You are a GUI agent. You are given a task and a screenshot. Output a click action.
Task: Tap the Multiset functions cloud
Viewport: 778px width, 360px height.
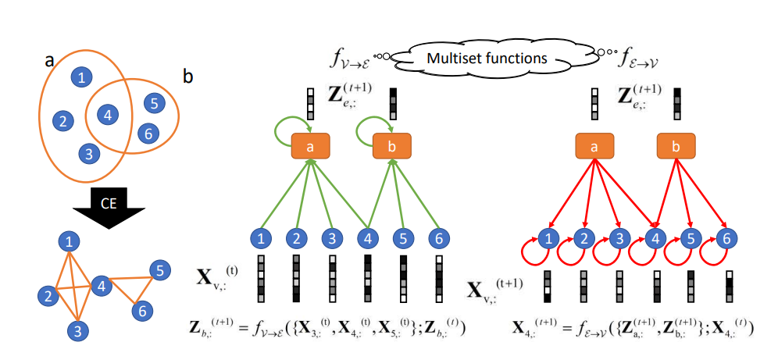tap(490, 58)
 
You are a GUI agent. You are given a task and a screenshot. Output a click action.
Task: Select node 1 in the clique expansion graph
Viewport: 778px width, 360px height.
tap(72, 241)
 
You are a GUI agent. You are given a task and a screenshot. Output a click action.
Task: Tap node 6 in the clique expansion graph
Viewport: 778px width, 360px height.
tap(141, 311)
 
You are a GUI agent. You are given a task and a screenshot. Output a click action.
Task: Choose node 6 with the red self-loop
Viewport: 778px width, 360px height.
tap(727, 239)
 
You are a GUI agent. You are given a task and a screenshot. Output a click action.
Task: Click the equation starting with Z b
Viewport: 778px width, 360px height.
tap(327, 328)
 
